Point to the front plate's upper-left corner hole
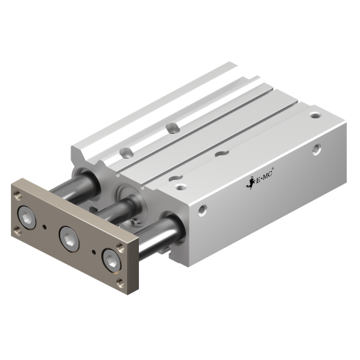tap(16, 193)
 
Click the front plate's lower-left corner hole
tap(17, 234)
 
